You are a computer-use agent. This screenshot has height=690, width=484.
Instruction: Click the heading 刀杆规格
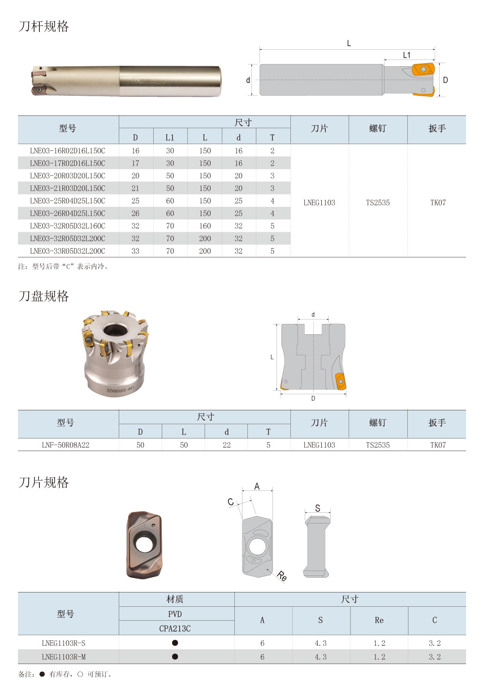pos(43,26)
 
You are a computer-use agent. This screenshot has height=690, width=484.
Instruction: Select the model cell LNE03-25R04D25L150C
pos(68,201)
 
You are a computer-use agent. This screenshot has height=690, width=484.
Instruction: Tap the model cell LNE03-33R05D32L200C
pos(68,251)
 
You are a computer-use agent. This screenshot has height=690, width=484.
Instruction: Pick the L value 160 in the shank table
pos(205,226)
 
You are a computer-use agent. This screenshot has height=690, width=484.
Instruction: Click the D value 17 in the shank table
pos(135,163)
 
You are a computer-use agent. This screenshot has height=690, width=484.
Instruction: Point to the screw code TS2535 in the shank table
pos(378,203)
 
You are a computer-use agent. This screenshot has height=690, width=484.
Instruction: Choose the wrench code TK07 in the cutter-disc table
pos(438,445)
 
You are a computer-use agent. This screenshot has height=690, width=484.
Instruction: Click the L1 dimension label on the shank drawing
pos(407,55)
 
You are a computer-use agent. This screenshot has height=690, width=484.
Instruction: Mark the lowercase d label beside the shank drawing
pos(248,80)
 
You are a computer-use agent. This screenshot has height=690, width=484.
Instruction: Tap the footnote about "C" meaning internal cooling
pos(63,266)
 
